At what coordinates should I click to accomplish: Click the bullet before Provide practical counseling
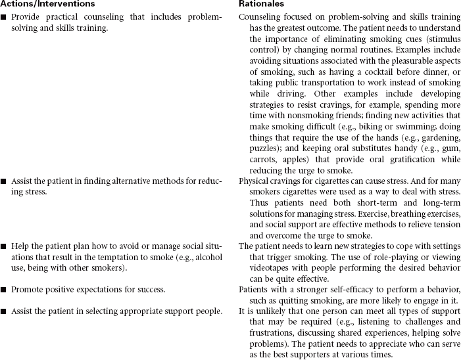point(4,16)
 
